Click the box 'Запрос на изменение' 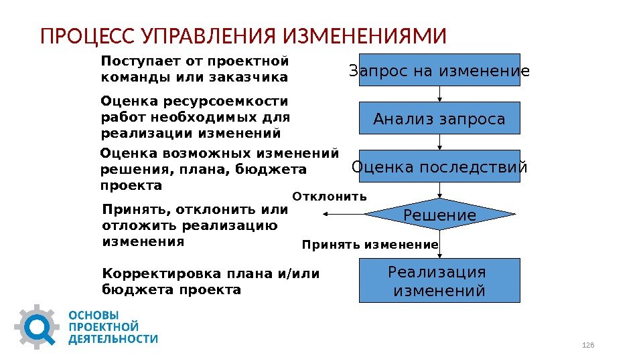coord(439,70)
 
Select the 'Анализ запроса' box coord(439,119)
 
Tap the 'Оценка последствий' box coord(439,166)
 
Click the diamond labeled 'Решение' coord(439,215)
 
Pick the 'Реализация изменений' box coord(439,281)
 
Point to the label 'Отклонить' coord(330,197)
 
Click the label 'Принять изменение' coord(370,245)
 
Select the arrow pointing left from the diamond coord(343,215)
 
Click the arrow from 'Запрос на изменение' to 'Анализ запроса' coord(440,94)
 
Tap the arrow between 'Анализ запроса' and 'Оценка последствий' coord(440,142)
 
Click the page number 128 coord(589,344)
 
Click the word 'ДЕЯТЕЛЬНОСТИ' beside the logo coord(115,339)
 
